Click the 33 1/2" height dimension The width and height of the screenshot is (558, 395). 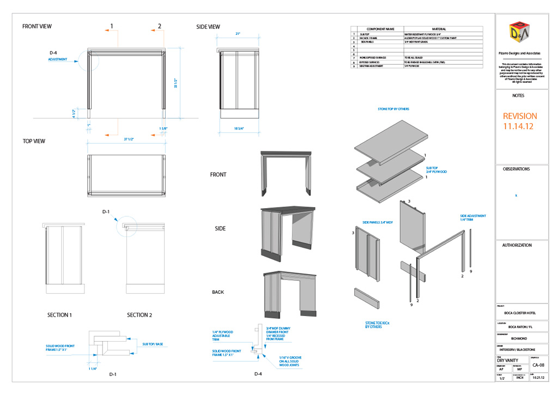(176, 83)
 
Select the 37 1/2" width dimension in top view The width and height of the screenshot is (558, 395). (129, 139)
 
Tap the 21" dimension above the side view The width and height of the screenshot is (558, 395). (238, 34)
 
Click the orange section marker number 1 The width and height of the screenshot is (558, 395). (112, 26)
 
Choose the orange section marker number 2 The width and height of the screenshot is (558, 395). (160, 26)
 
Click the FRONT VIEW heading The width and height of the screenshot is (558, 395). (37, 26)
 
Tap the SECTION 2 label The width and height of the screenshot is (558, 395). (139, 315)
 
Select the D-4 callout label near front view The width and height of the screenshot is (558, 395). (53, 52)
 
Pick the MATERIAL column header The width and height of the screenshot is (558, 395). (439, 28)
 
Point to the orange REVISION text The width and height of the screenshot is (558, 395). (519, 116)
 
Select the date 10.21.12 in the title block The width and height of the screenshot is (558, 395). (538, 378)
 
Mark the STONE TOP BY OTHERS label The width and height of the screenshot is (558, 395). (393, 109)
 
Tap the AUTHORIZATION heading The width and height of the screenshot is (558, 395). (517, 245)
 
